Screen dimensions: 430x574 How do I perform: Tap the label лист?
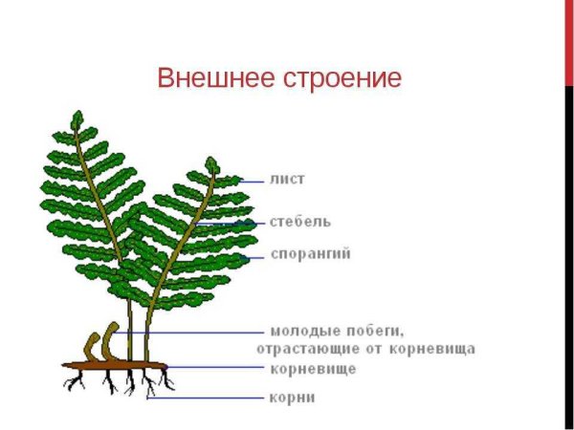coord(287,179)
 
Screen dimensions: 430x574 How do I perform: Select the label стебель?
coord(300,222)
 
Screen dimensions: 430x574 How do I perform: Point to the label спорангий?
coord(311,255)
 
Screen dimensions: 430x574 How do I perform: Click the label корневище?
coord(313,367)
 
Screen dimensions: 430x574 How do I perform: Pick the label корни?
coord(292,397)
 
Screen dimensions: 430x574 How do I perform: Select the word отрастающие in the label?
coord(314,349)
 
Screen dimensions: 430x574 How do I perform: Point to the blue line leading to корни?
coord(206,397)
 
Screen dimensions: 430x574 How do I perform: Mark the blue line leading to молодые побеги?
coord(201,333)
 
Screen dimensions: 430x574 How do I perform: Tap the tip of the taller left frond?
coord(77,119)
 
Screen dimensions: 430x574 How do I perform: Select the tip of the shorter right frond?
coord(211,164)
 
